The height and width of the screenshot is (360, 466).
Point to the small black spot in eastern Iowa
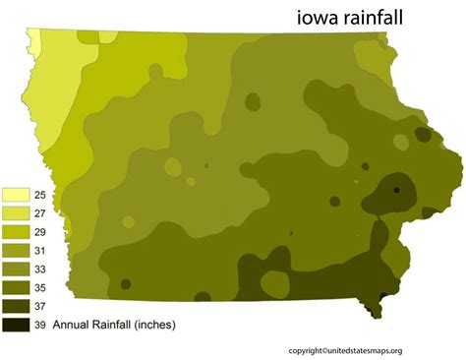[x=397, y=190]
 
